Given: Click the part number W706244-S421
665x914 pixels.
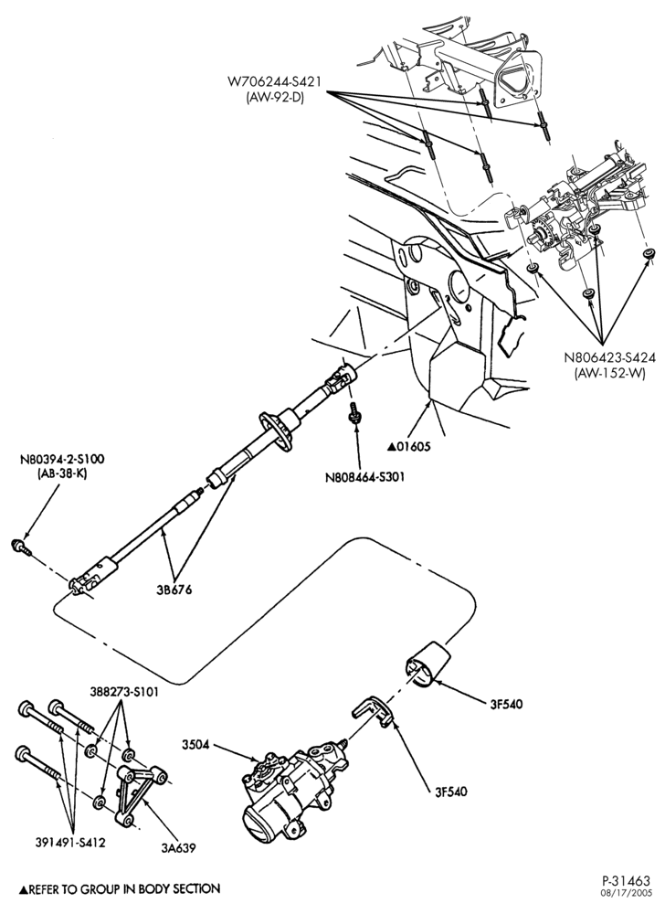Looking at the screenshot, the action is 274,83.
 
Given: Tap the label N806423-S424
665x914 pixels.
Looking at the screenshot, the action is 609,358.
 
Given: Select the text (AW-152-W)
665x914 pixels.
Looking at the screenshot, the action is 609,374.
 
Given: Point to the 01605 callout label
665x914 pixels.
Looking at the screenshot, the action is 409,447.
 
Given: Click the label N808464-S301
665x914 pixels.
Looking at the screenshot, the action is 365,477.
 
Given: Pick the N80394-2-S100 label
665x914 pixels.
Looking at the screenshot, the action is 62,460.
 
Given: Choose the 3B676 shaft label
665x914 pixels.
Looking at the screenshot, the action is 174,590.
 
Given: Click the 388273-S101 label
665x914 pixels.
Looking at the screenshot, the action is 123,692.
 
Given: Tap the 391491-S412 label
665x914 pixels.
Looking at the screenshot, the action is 71,843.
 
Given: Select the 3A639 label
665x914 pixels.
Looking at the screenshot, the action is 179,848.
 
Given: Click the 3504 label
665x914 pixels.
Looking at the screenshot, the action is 195,745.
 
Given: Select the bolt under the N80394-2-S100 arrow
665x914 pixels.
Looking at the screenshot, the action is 20,547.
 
